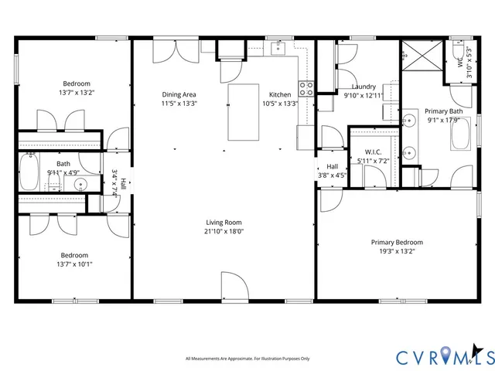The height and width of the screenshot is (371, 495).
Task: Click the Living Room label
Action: point(224,222)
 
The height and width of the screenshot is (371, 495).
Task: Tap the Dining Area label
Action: point(179,94)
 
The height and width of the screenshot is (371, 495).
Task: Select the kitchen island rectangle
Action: point(244,111)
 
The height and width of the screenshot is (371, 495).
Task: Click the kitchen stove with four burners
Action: point(306,88)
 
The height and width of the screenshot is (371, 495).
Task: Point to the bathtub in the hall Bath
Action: point(29,172)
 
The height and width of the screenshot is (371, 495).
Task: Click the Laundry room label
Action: point(364,87)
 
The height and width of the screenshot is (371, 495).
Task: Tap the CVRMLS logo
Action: point(444,357)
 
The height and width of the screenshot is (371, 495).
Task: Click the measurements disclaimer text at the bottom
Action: point(247,359)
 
